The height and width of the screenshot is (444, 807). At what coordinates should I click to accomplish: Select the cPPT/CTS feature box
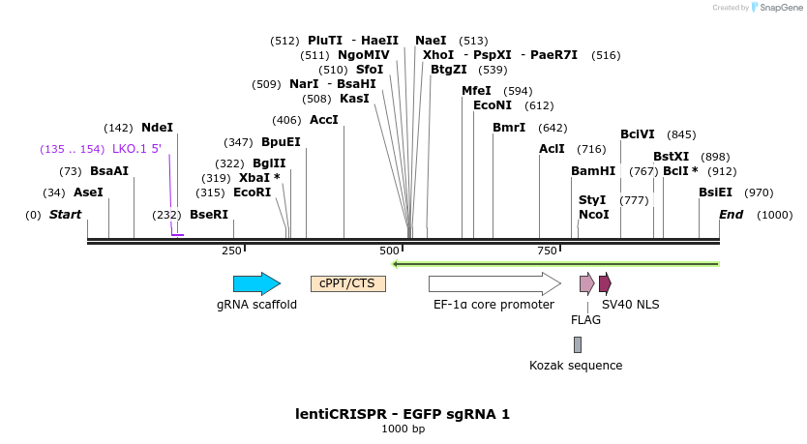coord(347,283)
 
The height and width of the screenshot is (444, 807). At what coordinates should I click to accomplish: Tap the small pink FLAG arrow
coord(586,283)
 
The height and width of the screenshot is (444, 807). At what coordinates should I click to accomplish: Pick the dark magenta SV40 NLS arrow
coord(605,283)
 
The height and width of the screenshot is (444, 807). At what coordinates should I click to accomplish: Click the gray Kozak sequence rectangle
coord(578,344)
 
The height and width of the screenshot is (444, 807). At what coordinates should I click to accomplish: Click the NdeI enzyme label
coord(157,128)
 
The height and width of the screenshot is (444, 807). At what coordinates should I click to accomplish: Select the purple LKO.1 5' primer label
coord(136,149)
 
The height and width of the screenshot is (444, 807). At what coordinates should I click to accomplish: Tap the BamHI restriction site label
coord(593,171)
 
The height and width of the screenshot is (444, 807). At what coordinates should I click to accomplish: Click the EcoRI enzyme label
coord(252,192)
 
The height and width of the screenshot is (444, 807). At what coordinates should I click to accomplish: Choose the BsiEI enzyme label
coord(716,192)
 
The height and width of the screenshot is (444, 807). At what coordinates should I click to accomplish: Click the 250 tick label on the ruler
coord(231,251)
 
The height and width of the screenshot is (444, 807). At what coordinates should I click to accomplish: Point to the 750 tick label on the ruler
coord(547,251)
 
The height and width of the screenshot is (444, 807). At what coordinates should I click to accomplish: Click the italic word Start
coord(65,214)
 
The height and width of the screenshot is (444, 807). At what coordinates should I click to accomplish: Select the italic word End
coord(731,214)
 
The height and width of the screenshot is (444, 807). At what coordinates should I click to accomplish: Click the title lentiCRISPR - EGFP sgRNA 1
coord(403,414)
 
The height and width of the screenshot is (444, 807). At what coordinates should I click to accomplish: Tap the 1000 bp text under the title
coord(403,429)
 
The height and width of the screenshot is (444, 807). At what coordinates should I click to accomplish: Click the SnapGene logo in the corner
coord(775,8)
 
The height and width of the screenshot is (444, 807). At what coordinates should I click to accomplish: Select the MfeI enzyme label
coord(476,91)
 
